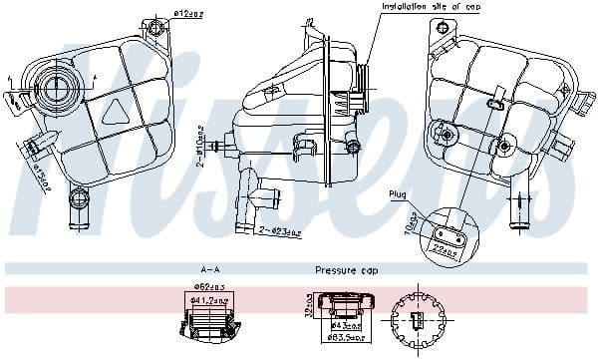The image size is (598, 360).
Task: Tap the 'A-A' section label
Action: [x=210, y=270]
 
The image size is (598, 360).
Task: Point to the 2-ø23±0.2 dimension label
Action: [x=279, y=231]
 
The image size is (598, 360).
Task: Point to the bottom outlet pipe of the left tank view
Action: [x=76, y=210]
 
